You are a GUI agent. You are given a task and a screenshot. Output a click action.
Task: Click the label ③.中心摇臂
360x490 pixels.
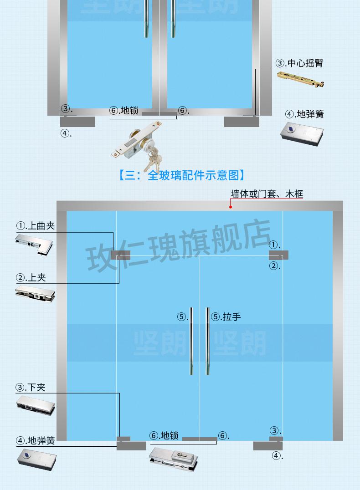click(x=299, y=63)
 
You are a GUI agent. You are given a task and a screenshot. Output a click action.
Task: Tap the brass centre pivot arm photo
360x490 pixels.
click(x=301, y=79)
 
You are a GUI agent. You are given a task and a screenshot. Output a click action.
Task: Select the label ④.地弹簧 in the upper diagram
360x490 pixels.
click(x=304, y=114)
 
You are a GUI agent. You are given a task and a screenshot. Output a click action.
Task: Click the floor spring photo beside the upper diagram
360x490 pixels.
click(x=302, y=134)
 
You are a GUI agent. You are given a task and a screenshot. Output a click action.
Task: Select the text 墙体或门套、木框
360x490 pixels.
click(x=267, y=194)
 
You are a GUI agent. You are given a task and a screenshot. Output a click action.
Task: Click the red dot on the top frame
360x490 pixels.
click(x=231, y=207)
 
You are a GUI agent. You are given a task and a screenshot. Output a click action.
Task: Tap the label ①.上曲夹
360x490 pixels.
click(x=36, y=225)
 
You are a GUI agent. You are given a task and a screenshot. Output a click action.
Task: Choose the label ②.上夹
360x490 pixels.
click(x=31, y=277)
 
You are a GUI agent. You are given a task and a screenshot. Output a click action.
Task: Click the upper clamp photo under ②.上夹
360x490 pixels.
click(x=35, y=294)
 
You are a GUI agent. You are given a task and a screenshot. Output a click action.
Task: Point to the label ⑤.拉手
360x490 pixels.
click(x=226, y=317)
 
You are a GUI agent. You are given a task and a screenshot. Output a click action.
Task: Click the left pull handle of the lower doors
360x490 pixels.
click(x=191, y=341)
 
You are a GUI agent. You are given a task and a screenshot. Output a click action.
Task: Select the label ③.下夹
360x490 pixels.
click(x=31, y=388)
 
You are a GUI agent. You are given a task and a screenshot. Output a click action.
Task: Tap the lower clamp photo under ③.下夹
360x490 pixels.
click(x=36, y=405)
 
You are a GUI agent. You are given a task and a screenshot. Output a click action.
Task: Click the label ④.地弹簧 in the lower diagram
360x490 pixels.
click(x=36, y=441)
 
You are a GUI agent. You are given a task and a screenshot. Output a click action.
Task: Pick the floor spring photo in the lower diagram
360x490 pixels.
click(x=36, y=459)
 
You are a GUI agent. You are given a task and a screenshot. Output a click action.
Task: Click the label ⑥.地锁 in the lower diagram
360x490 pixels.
click(x=164, y=435)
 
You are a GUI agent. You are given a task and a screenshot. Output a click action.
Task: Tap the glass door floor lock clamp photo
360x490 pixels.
click(x=173, y=459)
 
